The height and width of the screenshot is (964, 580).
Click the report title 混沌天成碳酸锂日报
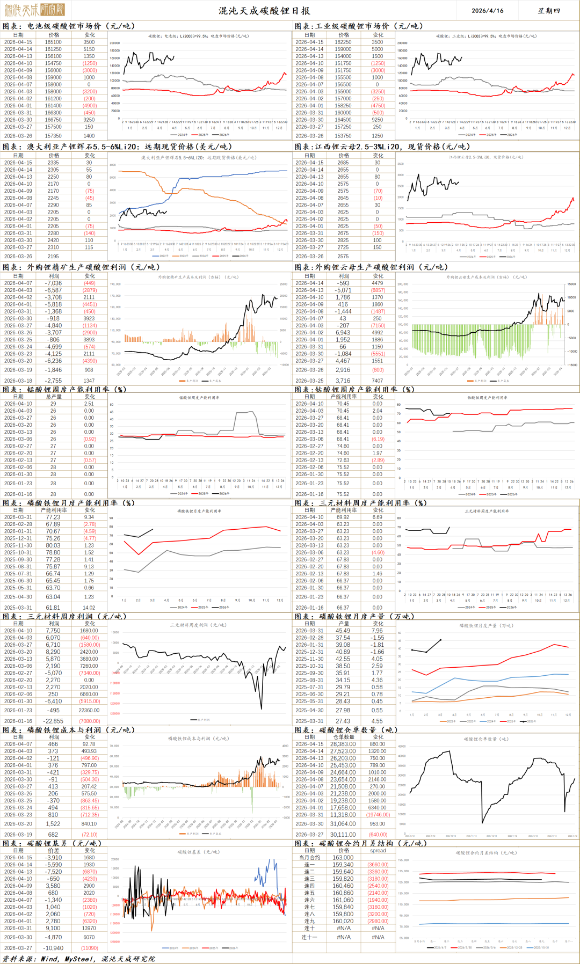coord(264,11)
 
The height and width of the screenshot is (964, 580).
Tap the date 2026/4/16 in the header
coord(487,11)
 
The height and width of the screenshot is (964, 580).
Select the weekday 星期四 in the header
coord(549,11)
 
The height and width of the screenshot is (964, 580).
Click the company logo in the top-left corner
coord(33,10)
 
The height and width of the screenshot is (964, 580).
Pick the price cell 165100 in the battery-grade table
coord(53,42)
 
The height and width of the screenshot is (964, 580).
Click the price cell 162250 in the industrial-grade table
coord(343,42)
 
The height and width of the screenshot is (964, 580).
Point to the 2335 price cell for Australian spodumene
coord(53,163)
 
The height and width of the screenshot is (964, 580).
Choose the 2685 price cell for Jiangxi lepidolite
coord(343,163)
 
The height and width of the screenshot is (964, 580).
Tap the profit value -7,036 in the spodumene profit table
coord(53,283)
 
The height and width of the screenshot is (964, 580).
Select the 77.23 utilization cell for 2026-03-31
coord(53,517)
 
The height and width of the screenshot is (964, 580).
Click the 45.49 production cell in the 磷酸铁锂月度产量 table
coord(343,631)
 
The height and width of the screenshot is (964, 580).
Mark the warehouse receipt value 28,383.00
coord(343,744)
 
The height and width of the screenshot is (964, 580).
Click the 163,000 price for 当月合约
coord(343,858)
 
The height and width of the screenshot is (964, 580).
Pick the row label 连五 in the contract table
coord(309,893)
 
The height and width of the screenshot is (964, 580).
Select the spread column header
coord(378,851)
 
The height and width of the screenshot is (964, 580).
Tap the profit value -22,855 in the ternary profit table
coord(54,721)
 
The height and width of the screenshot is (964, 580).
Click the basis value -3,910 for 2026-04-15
coord(53,858)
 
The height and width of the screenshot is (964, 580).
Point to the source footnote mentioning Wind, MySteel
coord(78,959)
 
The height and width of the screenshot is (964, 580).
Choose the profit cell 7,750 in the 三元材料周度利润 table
coord(53,631)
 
